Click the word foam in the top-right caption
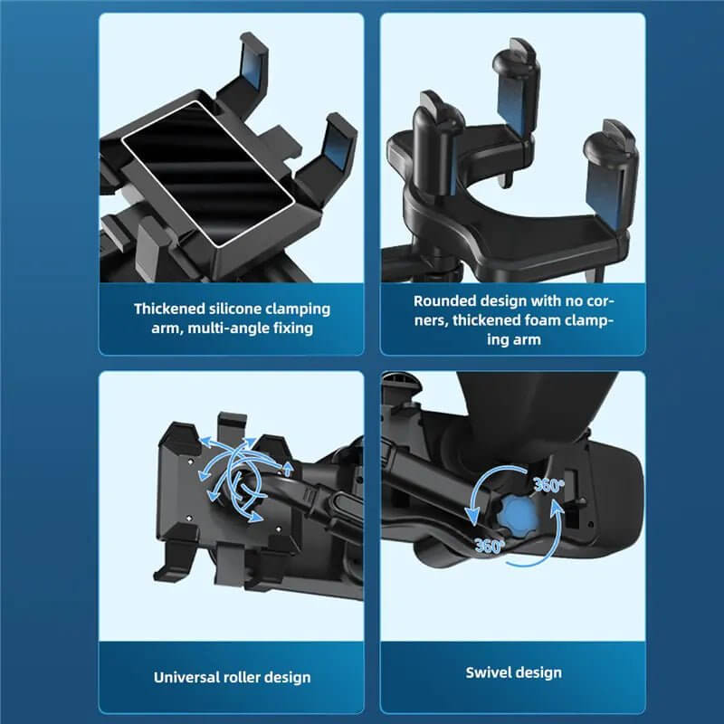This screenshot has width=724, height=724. [539, 320]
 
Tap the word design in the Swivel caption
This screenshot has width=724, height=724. [539, 672]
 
